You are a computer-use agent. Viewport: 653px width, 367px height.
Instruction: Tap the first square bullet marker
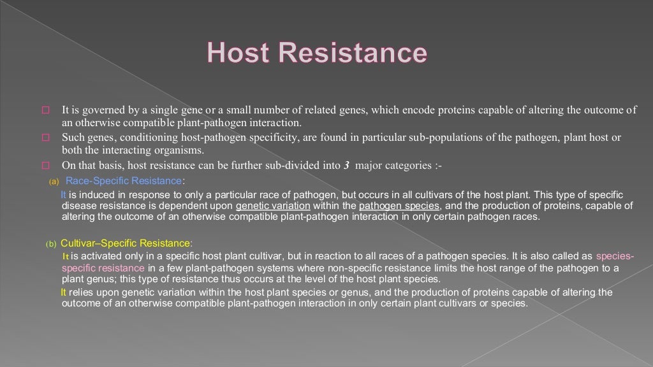45,111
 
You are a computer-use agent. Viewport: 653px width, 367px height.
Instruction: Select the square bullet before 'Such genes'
45,138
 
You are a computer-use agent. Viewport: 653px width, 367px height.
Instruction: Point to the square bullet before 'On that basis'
45,165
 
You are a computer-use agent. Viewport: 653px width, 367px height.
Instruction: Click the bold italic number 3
346,165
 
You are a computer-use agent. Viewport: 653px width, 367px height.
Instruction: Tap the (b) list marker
50,243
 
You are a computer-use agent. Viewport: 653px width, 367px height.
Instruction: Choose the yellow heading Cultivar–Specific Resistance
126,243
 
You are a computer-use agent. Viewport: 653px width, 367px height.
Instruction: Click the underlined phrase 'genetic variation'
273,206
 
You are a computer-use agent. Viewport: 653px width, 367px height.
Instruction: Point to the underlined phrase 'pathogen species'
399,206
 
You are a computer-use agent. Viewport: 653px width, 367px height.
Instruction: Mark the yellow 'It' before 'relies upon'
63,292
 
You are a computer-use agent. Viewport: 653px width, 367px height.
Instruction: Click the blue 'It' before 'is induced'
63,194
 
